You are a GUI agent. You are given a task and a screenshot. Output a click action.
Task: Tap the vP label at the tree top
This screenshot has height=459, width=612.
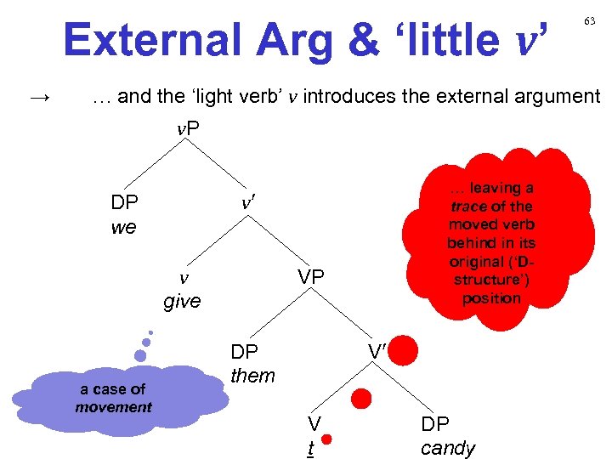coord(188,128)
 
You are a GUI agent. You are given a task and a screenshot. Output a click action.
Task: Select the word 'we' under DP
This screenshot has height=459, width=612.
coord(123,228)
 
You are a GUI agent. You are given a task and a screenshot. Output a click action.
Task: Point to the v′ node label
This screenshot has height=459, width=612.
coord(248,204)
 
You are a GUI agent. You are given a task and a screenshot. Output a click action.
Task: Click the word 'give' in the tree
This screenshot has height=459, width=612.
coord(182,301)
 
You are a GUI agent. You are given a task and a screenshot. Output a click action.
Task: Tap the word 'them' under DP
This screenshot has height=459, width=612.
coord(253,375)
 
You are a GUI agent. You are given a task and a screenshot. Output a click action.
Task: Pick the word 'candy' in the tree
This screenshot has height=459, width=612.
coord(448,448)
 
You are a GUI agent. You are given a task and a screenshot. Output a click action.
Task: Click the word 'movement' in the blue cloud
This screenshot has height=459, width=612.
coord(113,407)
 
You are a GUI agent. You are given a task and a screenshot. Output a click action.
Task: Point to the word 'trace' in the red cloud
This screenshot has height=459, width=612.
coord(469,207)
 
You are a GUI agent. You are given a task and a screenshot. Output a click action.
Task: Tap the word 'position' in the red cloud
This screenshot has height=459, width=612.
coord(491,298)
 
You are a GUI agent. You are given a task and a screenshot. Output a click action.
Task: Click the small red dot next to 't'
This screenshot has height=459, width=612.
coord(326,439)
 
